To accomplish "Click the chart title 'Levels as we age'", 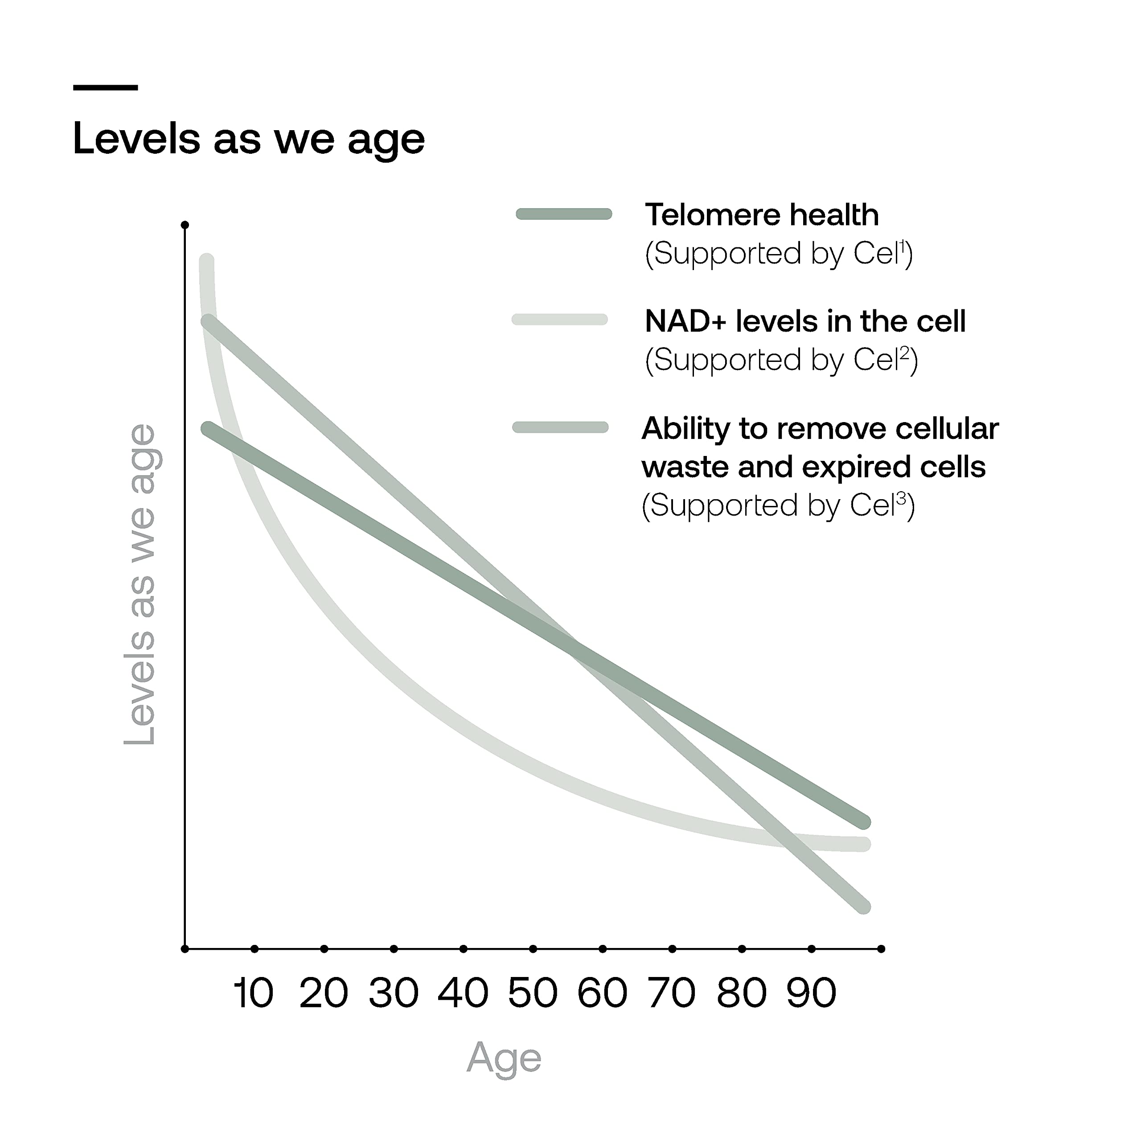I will pos(249,140).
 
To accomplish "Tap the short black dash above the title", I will pos(106,87).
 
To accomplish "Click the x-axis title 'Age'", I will pos(504,1058).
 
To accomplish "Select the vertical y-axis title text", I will pos(140,585).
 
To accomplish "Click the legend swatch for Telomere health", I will pos(564,214).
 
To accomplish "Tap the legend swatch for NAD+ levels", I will pos(560,320).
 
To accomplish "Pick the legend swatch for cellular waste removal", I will pos(560,427).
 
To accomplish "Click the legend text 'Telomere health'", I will pos(762,214).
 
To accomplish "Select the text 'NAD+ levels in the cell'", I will pos(805,321).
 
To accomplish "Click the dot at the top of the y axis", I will pos(185,225).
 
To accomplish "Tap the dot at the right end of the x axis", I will pos(881,949).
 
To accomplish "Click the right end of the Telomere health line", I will pos(863,822).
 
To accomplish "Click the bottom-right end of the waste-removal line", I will pos(863,907).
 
